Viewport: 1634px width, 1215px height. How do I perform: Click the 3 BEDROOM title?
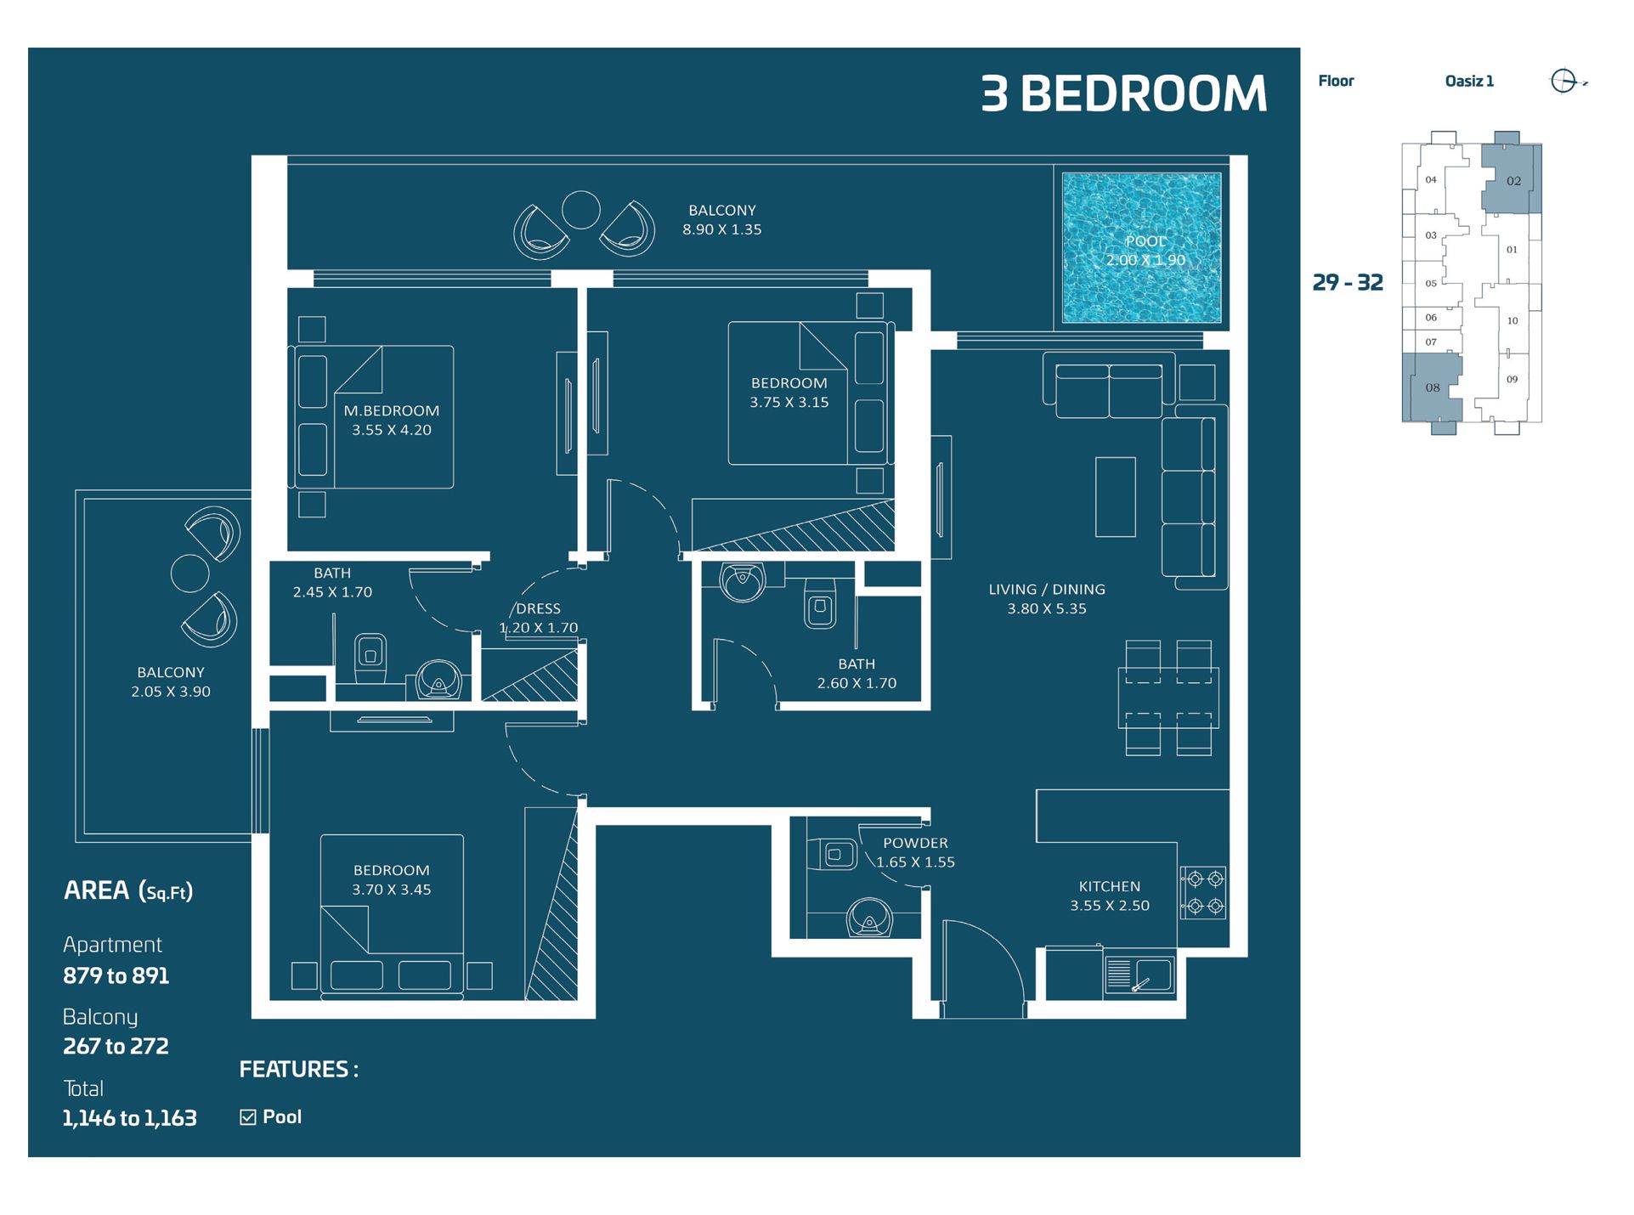[1123, 93]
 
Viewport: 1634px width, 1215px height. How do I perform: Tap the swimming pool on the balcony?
[1141, 247]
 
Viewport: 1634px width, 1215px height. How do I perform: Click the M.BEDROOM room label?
[391, 410]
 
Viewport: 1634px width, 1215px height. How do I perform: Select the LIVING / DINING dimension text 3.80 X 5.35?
[1047, 608]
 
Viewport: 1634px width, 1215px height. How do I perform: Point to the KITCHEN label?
[1109, 885]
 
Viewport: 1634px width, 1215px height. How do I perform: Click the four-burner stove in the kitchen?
[1204, 892]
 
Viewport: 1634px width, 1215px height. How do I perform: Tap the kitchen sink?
[1139, 975]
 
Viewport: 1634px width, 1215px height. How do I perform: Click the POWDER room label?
[915, 843]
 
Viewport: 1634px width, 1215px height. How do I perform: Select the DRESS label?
[538, 608]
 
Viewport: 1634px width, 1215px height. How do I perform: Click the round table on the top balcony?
[581, 210]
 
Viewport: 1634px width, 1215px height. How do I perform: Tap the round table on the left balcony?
[189, 574]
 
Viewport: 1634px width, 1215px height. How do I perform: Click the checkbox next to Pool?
[248, 1117]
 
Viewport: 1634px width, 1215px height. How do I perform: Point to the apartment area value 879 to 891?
[116, 975]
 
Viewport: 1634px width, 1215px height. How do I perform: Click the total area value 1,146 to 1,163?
[129, 1118]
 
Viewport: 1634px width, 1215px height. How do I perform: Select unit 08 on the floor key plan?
[1433, 387]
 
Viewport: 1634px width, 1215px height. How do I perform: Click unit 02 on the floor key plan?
[1513, 180]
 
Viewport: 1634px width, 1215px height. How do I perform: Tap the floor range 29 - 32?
[1348, 282]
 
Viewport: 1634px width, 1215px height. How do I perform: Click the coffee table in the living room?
[1115, 497]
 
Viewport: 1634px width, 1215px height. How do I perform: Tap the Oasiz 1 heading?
[1468, 82]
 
